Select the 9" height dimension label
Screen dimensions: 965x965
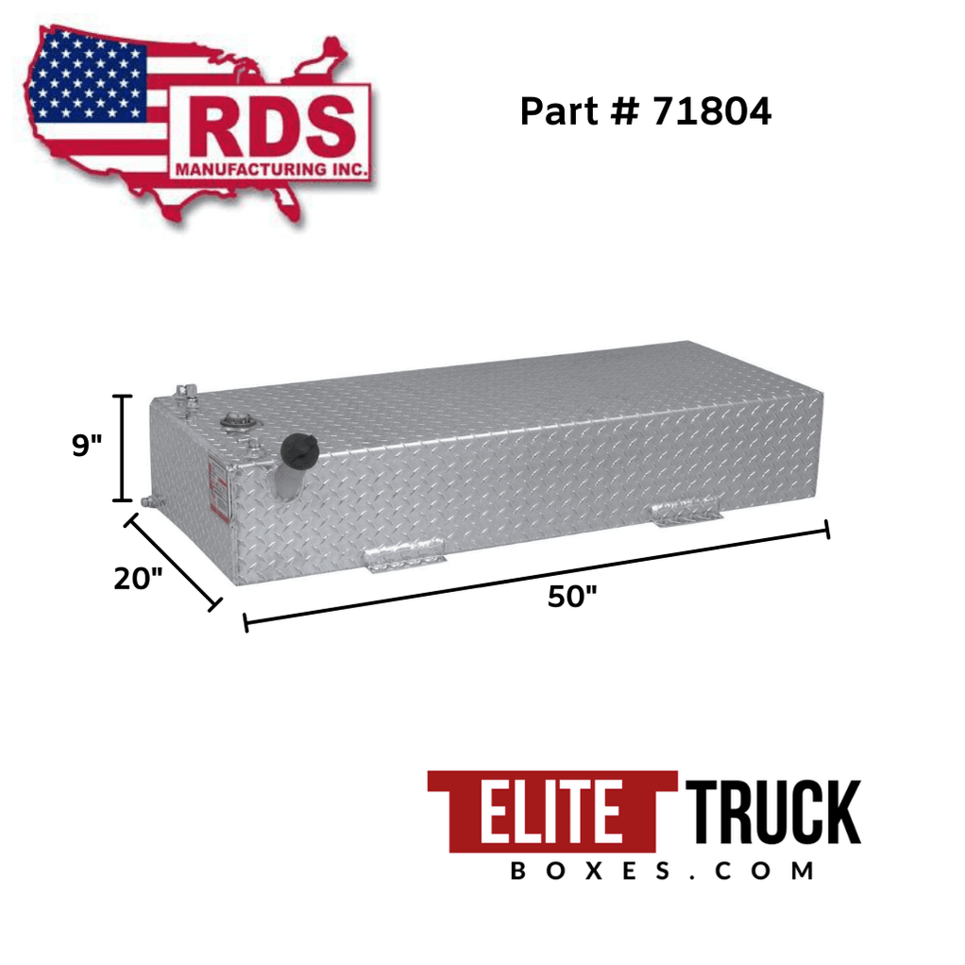pos(87,446)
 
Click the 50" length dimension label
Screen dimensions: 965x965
pos(572,596)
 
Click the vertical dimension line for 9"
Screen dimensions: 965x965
pos(121,448)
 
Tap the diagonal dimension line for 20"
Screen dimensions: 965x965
pos(174,561)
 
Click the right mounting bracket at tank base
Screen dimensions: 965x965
pos(687,511)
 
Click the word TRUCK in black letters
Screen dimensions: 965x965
pos(771,812)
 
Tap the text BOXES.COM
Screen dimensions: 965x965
pos(661,870)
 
